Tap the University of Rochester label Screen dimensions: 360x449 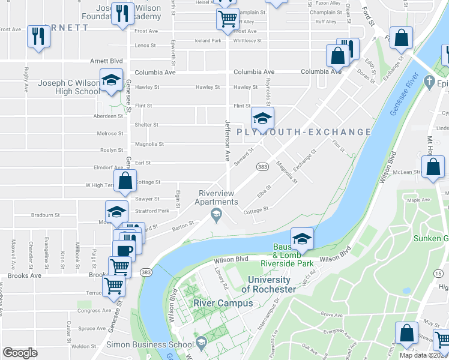[x=268, y=284]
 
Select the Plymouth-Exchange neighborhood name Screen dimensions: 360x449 [x=304, y=132]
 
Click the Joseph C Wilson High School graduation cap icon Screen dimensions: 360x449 [x=111, y=81]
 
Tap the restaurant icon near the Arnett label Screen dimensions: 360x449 [x=38, y=37]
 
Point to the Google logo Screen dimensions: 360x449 [x=20, y=353]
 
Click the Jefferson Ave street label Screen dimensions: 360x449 [x=228, y=140]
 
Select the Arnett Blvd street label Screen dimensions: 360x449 [x=90, y=61]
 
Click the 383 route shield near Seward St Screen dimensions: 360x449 [x=262, y=166]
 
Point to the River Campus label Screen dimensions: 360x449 [x=215, y=303]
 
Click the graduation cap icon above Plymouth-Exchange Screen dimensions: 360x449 [x=262, y=118]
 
